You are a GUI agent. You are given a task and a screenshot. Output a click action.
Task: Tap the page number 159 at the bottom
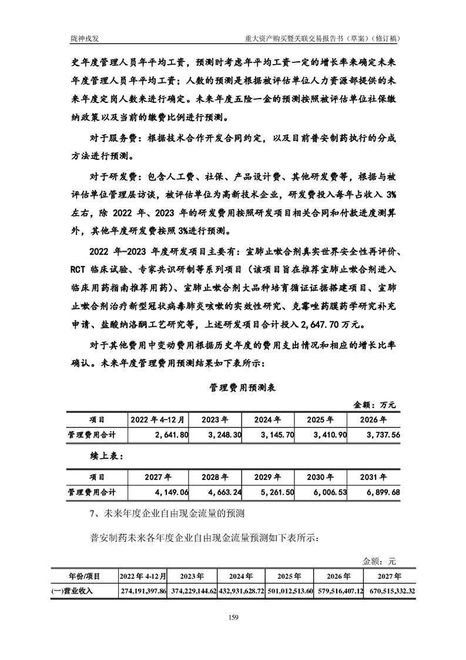coord(233,616)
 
